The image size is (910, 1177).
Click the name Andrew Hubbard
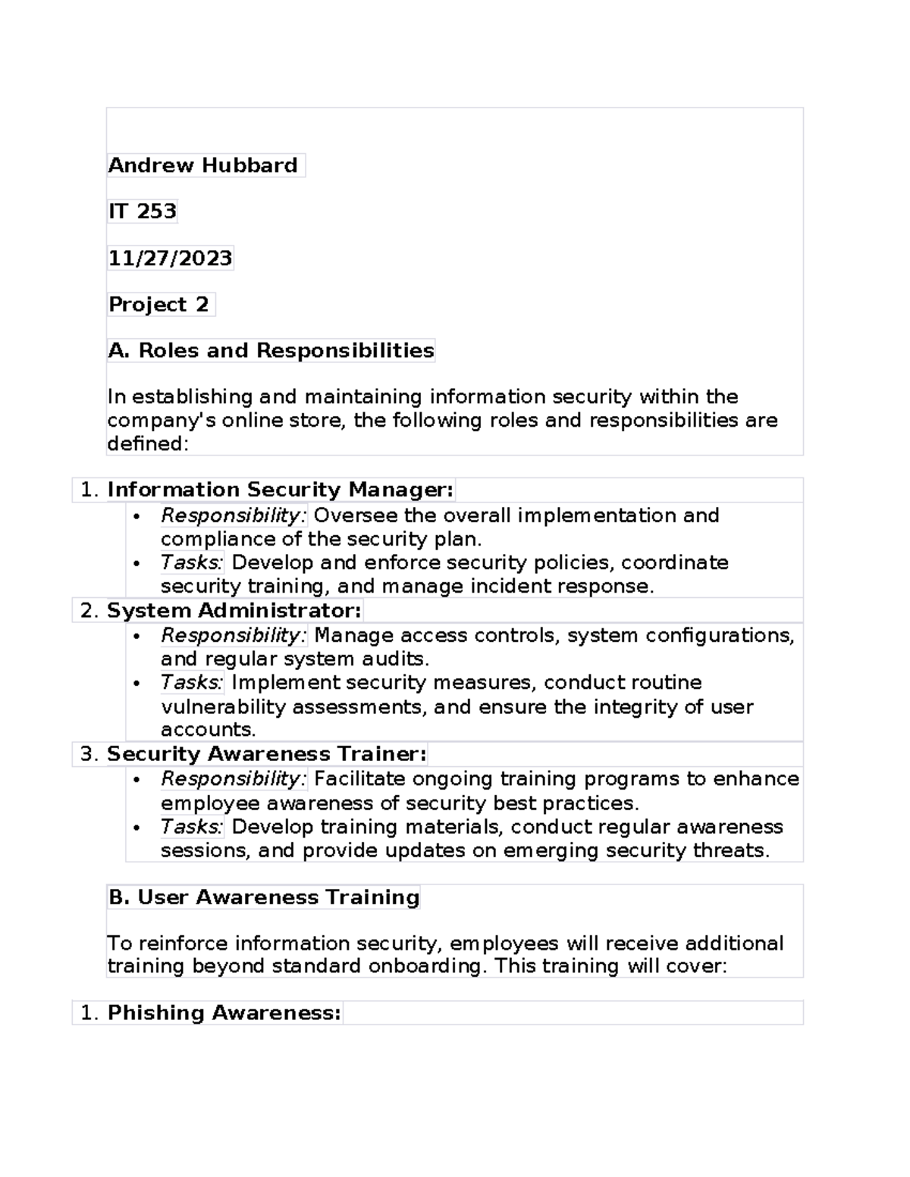point(202,165)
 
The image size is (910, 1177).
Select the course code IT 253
point(142,211)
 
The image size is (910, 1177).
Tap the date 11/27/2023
point(170,258)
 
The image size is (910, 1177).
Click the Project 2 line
point(158,305)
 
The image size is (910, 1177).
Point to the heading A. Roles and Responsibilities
point(271,350)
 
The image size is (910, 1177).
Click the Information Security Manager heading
point(280,490)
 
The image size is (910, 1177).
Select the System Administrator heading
point(234,610)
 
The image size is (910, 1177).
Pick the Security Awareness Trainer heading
point(266,753)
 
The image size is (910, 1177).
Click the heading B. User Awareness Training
point(263,897)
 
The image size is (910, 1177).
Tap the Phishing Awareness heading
point(224,1013)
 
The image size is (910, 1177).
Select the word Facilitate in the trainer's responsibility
point(359,779)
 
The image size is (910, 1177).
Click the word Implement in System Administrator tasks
point(286,682)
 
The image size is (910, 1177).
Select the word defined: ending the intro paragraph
point(147,444)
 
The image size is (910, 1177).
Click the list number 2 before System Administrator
point(89,611)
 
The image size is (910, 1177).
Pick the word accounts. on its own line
point(208,730)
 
